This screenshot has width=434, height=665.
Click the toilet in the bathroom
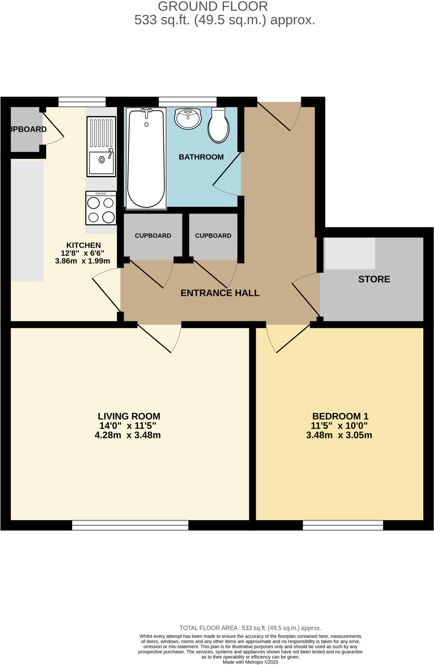pos(218,127)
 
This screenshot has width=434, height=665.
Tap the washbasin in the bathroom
pos(188,118)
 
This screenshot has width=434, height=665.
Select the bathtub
pos(146,159)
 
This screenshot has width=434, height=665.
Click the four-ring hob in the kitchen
pos(101,208)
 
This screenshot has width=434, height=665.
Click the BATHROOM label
pos(201,157)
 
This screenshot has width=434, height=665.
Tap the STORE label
pos(374,279)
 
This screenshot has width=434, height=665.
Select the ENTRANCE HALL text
pos(220,293)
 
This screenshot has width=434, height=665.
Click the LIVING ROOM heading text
pos(129,416)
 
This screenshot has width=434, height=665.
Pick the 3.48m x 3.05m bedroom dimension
pos(339,435)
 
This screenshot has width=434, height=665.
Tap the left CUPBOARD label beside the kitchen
pos(153,236)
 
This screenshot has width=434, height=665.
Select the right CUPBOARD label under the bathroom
pos(213,236)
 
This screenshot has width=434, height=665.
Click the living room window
pos(130,525)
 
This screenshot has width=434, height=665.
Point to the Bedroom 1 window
pos(343,525)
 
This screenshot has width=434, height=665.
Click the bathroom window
pos(187,102)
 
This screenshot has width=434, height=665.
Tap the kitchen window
pos(82,102)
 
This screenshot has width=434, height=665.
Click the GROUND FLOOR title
pos(213,6)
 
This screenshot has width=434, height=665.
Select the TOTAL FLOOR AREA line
pos(250,628)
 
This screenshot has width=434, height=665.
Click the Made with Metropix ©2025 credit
pos(250,662)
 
